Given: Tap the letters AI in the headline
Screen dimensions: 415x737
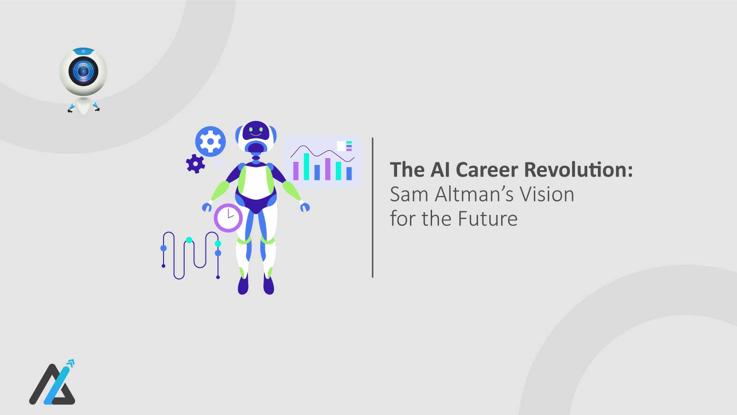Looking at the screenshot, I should coord(440,170).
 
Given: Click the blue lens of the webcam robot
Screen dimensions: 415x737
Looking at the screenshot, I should coord(83,71).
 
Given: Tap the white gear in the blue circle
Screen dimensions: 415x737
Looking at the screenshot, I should coord(211,141).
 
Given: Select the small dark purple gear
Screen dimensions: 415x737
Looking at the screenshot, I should coord(195,164).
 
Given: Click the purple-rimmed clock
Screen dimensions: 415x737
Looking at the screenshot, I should coord(228,217).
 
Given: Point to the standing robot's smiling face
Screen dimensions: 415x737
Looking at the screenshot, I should coord(256,131).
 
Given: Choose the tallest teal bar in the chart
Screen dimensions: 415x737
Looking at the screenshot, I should coord(306,166).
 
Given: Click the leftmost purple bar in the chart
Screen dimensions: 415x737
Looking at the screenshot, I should coord(296,171).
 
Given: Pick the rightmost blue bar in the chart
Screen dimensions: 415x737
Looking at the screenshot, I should coord(349,173).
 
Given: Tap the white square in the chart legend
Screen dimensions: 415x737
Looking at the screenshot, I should coord(341,146).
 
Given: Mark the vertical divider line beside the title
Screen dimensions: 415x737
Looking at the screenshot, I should coord(373,207).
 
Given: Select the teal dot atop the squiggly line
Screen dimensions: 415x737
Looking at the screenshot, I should coord(189,240).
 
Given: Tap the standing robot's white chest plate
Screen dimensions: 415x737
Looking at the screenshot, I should coord(256,182).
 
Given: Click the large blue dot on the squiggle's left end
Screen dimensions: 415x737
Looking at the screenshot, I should coord(164,248).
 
